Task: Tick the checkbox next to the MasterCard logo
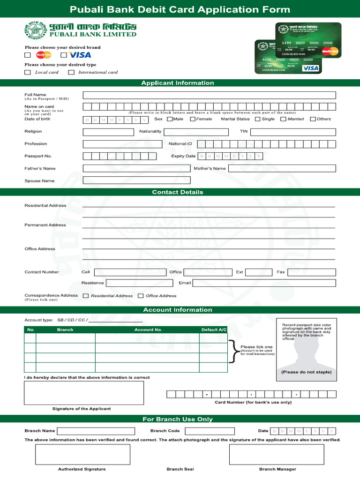(28, 55)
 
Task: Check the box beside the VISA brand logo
(64, 55)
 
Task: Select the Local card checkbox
(28, 72)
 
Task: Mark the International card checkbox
(71, 72)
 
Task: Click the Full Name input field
(209, 95)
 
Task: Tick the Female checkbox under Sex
(192, 119)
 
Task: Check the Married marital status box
(283, 119)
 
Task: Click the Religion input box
(108, 132)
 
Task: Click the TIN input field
(293, 132)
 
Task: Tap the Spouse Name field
(136, 180)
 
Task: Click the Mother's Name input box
(282, 168)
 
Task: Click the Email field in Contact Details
(264, 283)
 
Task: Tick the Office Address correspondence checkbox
(141, 296)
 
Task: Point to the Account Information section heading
(178, 310)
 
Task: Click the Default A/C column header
(214, 330)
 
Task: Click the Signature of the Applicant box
(84, 393)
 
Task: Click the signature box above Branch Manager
(277, 454)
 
